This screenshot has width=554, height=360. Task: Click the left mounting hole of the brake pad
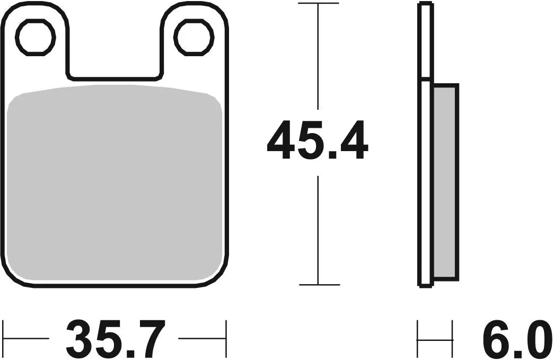36,37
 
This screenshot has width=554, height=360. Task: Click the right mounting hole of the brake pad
194,37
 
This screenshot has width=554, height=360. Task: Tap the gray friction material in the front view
116,186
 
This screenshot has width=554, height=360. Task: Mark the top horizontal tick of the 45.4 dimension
318,3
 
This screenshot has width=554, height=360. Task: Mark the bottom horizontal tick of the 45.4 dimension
318,285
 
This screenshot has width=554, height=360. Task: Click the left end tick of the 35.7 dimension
4,338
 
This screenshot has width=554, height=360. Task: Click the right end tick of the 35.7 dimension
226,338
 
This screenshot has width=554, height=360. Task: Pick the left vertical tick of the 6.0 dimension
418,338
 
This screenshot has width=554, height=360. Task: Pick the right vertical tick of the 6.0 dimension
452,338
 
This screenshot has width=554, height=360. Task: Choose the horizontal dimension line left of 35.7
27,338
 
